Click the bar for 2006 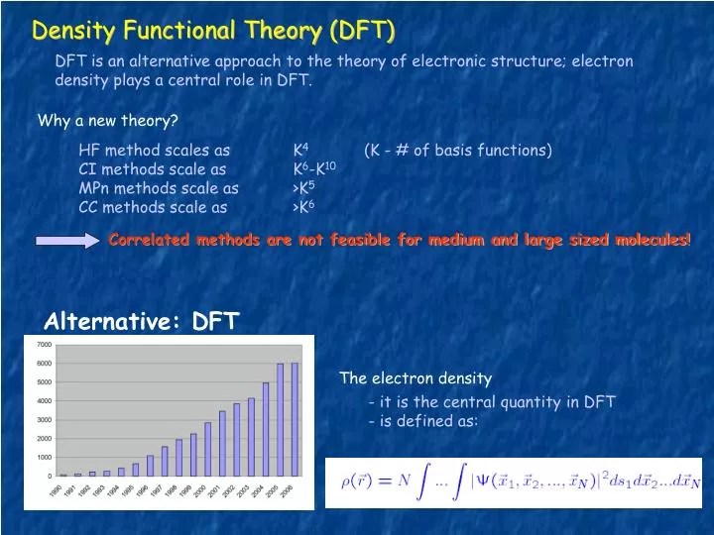click(294, 420)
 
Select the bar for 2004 click(265, 429)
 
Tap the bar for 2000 click(207, 449)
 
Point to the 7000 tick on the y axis click(44, 344)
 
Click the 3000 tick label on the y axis click(44, 419)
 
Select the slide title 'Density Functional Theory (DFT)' click(213, 31)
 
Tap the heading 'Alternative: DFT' click(142, 320)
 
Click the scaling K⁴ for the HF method click(300, 151)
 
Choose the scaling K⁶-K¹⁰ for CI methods click(314, 169)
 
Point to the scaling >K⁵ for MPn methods click(303, 188)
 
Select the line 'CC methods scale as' click(153, 207)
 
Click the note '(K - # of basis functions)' click(457, 151)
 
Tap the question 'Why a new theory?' click(107, 122)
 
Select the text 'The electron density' click(415, 378)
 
